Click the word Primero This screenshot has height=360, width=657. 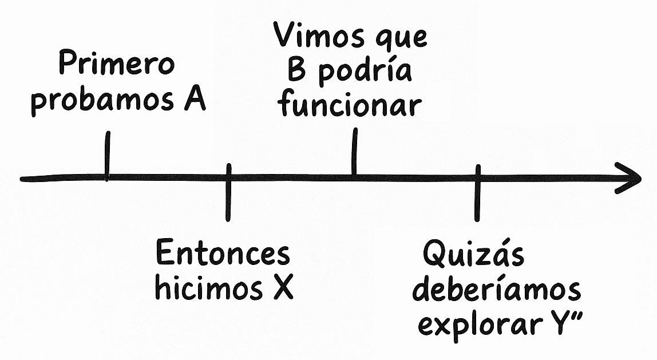(116, 65)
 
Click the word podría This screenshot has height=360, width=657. (365, 73)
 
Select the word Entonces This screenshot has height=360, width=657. (223, 254)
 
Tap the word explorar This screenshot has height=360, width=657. (480, 325)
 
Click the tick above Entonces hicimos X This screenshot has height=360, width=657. (228, 192)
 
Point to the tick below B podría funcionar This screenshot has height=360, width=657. (355, 152)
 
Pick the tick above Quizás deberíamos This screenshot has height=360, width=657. (477, 192)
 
